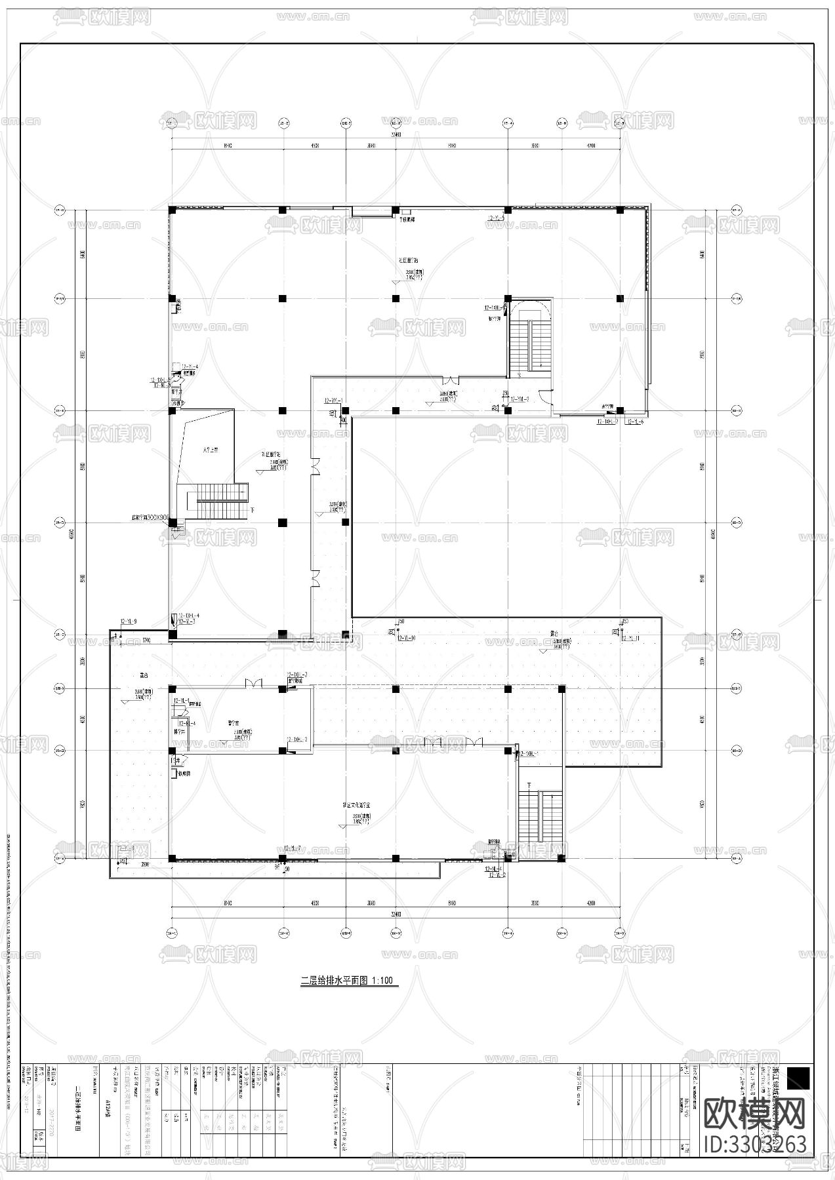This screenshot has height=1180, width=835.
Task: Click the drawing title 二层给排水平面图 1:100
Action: point(346,981)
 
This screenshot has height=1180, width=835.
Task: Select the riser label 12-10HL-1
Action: point(529,754)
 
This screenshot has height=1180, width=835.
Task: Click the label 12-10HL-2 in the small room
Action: point(296,739)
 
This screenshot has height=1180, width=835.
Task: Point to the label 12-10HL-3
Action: point(296,675)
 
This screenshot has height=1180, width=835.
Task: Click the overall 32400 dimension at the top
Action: point(395,134)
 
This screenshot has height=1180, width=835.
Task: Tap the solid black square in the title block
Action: point(798,1078)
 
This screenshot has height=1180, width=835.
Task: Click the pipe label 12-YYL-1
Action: point(333,400)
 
